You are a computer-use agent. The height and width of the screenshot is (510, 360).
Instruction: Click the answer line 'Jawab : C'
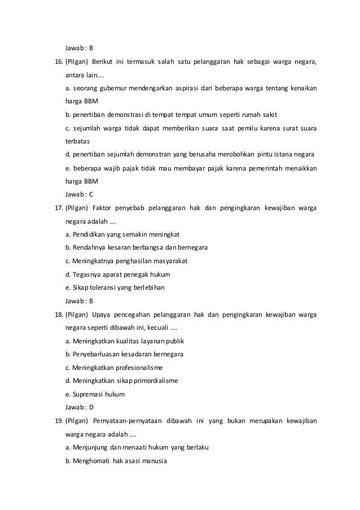tap(79, 194)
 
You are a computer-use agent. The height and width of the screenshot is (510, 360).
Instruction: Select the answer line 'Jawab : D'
tap(80, 407)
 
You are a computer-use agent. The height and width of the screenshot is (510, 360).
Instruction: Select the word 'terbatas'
tap(78, 141)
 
